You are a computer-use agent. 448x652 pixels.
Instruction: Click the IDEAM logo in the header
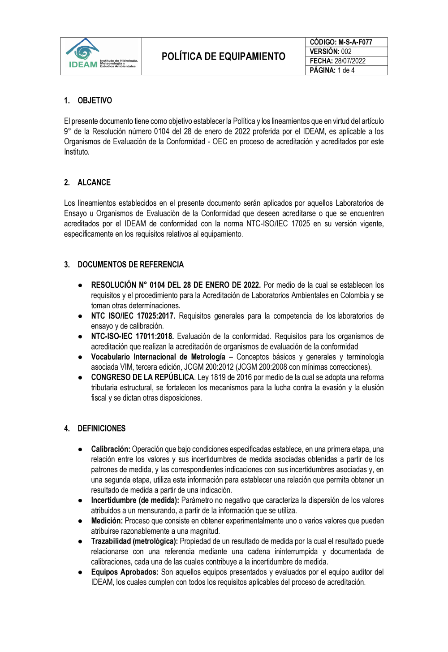[101, 56]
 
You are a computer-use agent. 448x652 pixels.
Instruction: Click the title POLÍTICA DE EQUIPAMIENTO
[223, 56]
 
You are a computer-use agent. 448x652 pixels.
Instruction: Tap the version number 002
[346, 52]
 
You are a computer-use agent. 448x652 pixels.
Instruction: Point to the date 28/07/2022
[350, 61]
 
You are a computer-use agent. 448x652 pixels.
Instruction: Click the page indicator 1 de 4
[346, 70]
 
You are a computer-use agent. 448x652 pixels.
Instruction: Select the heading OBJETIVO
[95, 100]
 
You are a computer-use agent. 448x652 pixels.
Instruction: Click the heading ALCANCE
[94, 182]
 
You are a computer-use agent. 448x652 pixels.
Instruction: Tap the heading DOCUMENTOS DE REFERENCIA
[130, 264]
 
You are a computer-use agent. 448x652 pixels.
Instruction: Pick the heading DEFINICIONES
[101, 428]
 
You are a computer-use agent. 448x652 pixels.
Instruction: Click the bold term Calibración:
[111, 449]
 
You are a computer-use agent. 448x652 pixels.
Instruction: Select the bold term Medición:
[107, 521]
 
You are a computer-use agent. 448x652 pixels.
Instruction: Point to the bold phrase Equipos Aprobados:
[125, 572]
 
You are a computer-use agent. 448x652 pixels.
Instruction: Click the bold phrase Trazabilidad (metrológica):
[134, 541]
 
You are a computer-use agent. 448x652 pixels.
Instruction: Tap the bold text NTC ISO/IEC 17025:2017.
[132, 316]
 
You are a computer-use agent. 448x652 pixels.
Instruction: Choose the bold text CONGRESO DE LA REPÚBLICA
[142, 377]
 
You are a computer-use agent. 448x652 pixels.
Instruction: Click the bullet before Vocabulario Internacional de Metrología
[80, 358]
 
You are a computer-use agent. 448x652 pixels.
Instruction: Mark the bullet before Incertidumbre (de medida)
[80, 501]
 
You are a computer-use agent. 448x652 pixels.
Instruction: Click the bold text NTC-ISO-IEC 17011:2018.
[132, 337]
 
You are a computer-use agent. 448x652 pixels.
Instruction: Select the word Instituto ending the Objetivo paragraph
[76, 152]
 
